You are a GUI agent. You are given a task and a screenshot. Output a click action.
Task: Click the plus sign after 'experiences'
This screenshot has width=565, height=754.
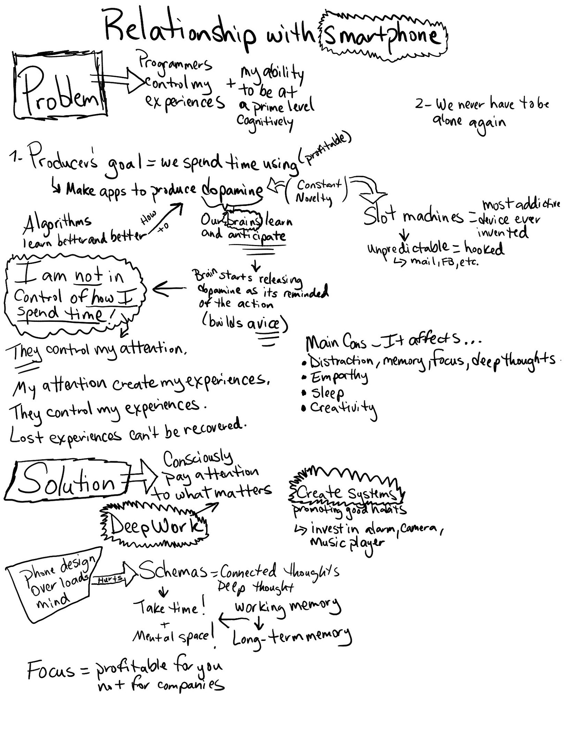click(x=231, y=85)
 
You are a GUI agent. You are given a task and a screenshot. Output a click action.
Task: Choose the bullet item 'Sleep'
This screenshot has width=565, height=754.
click(x=327, y=392)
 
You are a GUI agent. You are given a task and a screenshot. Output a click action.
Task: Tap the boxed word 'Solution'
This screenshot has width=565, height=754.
click(x=68, y=483)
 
